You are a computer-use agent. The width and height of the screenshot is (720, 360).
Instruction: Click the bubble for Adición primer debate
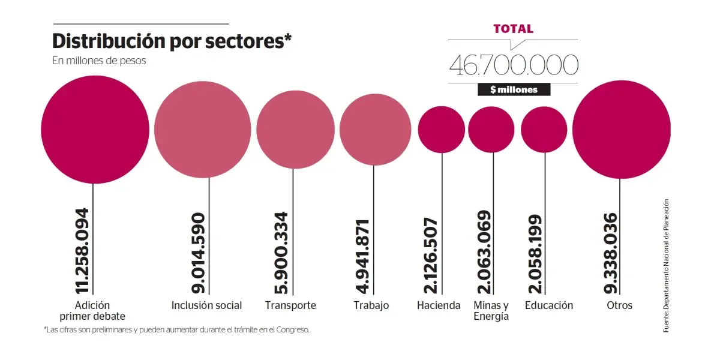click(x=95, y=129)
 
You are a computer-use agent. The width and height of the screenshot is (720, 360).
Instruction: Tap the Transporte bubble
click(x=295, y=129)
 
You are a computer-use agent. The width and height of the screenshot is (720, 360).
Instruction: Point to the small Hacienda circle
click(x=442, y=129)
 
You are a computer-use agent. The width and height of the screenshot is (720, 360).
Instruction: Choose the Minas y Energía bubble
click(x=492, y=129)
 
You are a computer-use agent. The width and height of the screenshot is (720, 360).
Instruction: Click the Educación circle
click(x=544, y=129)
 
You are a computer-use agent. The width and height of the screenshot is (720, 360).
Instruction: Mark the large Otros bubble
click(x=622, y=129)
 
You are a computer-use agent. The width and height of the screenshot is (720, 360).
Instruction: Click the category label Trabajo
click(x=371, y=305)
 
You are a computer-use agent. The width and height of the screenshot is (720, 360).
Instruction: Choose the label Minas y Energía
click(x=491, y=310)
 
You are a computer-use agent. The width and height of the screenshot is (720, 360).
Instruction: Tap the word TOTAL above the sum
click(x=513, y=29)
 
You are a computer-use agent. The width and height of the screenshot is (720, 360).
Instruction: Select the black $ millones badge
click(x=514, y=89)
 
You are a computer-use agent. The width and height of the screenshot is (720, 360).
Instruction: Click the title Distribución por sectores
click(x=172, y=41)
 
